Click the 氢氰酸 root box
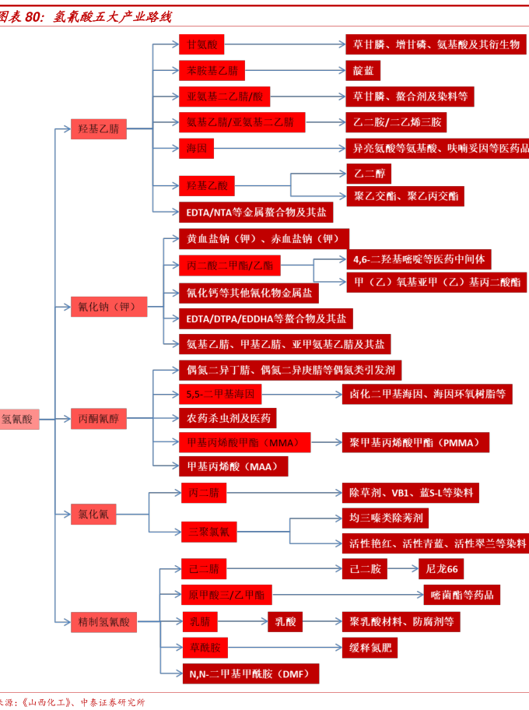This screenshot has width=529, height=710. click(x=18, y=419)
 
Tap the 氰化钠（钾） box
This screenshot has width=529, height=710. click(x=108, y=307)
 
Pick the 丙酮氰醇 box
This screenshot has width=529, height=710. click(x=99, y=419)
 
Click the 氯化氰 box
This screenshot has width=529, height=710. click(x=93, y=513)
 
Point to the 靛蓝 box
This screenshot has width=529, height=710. click(x=363, y=71)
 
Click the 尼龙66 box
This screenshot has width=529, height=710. click(x=441, y=569)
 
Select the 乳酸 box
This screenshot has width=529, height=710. click(x=285, y=621)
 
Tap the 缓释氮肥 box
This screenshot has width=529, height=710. click(x=372, y=647)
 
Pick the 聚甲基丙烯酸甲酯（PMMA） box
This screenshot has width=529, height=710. click(x=415, y=443)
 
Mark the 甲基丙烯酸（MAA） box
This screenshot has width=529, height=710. click(x=233, y=467)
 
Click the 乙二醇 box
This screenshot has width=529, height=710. click(x=369, y=172)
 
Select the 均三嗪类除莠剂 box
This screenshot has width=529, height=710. click(x=385, y=518)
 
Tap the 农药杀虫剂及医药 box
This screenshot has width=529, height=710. click(x=227, y=419)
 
